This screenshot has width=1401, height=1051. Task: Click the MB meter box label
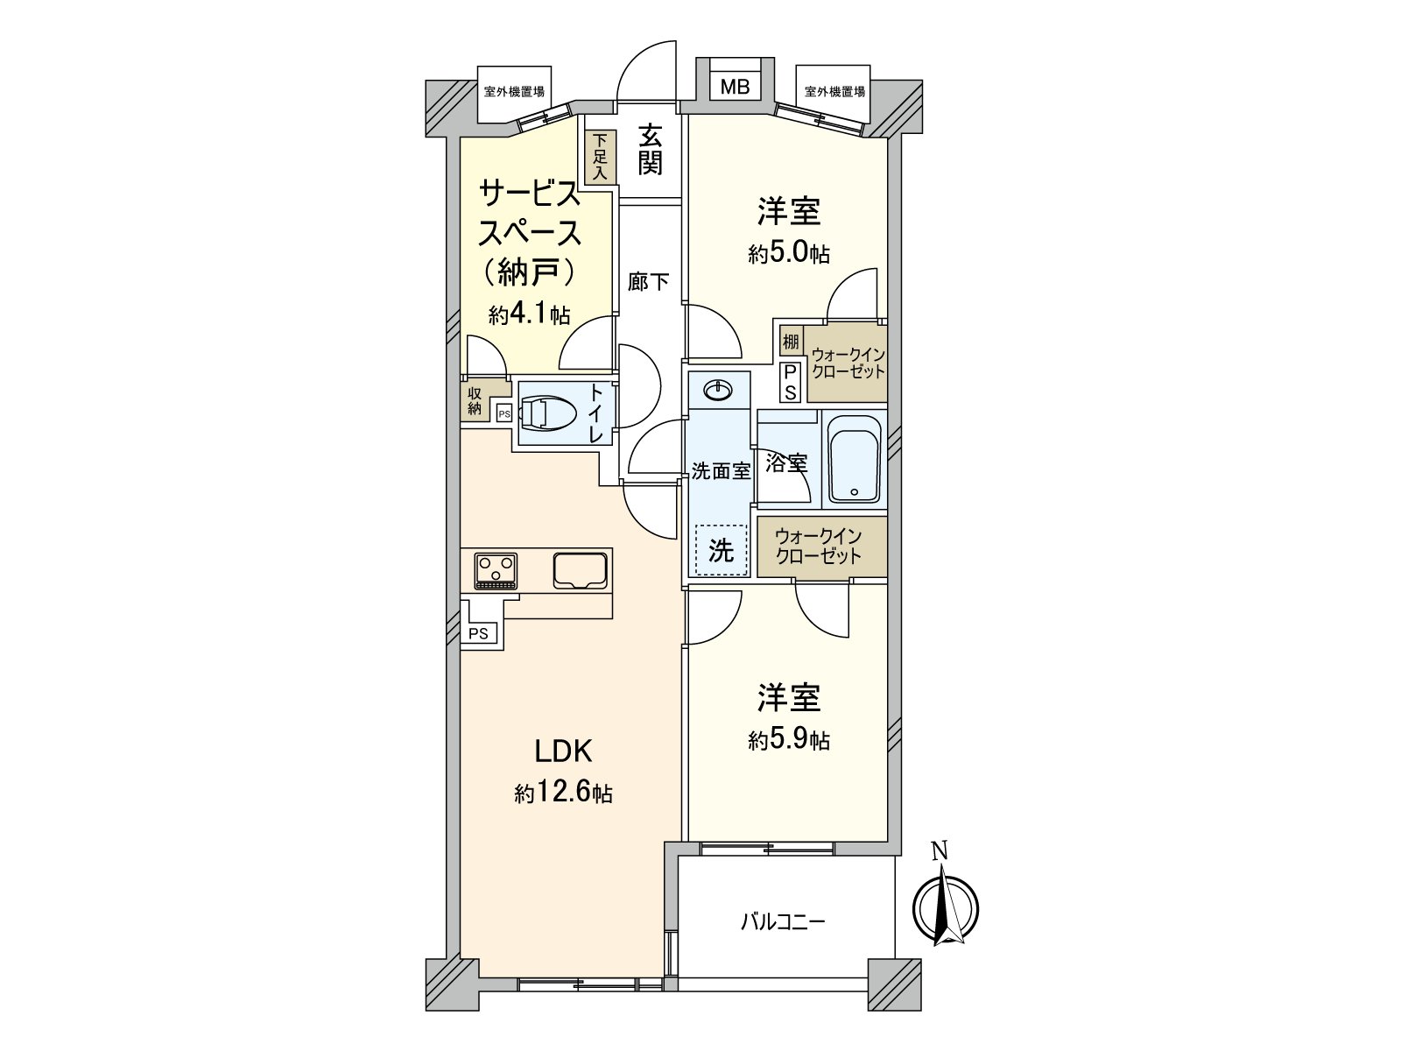point(735,87)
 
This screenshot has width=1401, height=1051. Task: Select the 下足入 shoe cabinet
point(599,157)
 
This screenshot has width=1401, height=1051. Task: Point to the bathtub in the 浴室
point(854,460)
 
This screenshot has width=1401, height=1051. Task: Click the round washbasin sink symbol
point(718,389)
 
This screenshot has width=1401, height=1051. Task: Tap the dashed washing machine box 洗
point(721,550)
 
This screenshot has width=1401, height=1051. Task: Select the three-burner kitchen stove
point(496,571)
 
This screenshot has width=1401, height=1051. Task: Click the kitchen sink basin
point(580,570)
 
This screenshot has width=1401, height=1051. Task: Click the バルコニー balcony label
point(783,922)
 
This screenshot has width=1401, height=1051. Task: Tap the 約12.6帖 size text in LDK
point(564,794)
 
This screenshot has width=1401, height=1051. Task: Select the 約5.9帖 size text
point(789,740)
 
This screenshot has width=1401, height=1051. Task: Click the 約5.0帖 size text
point(789,254)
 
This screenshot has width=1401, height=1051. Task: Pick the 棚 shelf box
point(790,342)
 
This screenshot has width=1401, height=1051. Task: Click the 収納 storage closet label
point(474,401)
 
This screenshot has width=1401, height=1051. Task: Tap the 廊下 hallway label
point(649,281)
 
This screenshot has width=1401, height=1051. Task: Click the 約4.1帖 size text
point(530,314)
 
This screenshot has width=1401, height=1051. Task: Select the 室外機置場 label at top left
point(514,92)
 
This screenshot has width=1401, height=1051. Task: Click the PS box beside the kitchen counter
point(478,633)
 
